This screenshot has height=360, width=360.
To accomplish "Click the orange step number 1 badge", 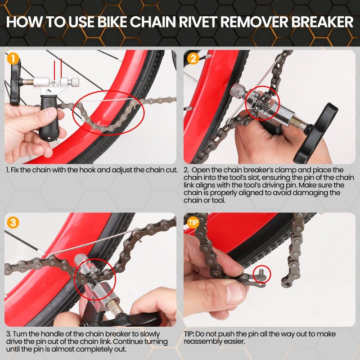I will click(13, 58).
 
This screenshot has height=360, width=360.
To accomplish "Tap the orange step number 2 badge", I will click(193, 58).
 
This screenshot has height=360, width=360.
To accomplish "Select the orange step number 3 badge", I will click(13, 222).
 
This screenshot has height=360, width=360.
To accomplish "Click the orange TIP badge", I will click(193, 222).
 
